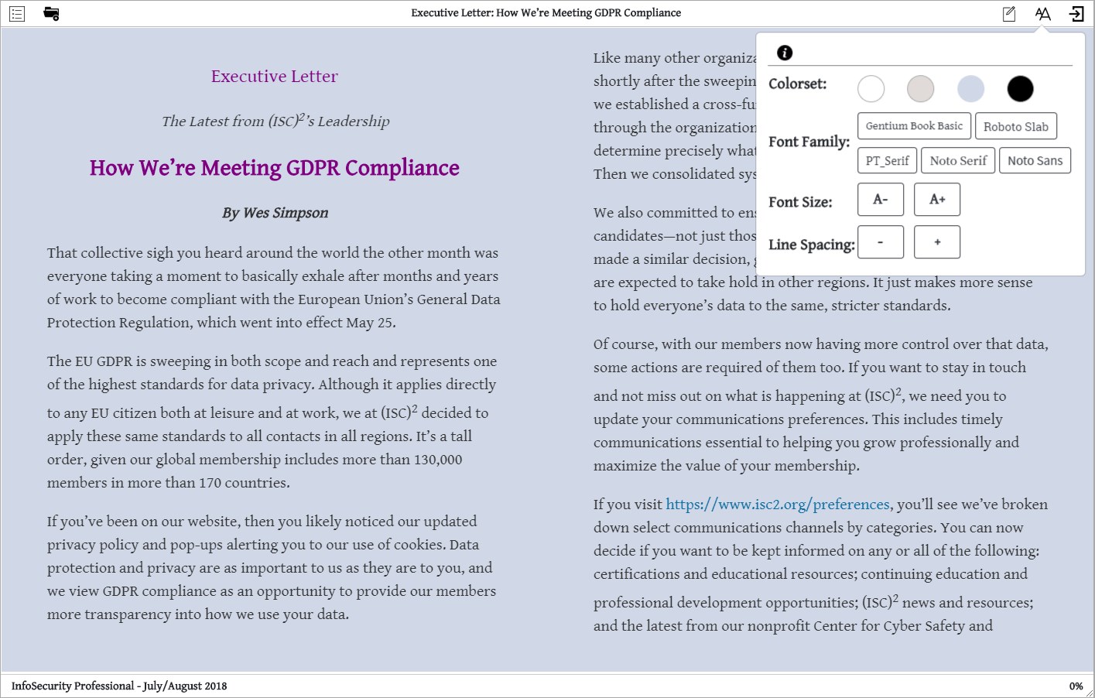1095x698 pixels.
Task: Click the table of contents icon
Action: pos(17,13)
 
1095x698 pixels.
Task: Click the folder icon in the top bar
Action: pos(52,13)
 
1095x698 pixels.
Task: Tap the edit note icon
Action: pos(1009,13)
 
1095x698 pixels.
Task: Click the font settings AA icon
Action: pos(1042,13)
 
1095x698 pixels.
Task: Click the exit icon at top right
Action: pos(1076,13)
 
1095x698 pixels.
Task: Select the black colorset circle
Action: pos(1020,89)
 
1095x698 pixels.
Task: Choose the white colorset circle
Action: pos(871,89)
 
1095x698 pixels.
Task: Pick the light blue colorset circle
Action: pos(970,89)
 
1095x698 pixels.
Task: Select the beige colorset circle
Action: pos(921,89)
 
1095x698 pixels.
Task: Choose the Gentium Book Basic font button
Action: pos(914,126)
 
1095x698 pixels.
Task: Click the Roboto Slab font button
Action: pos(1016,126)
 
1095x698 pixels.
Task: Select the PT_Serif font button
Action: pos(888,161)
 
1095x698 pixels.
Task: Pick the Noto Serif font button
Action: pos(958,161)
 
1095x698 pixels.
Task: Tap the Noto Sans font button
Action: pos(1035,161)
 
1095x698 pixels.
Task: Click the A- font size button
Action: pos(881,200)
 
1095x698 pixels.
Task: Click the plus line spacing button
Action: pos(937,242)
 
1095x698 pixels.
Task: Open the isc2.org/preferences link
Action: pos(778,505)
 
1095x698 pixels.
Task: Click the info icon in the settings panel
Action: pos(785,53)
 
